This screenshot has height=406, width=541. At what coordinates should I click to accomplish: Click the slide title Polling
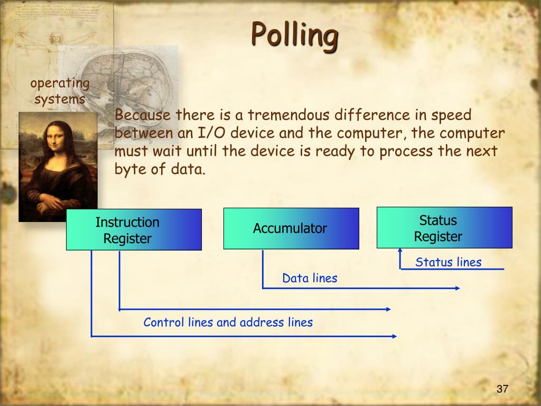pyautogui.click(x=294, y=35)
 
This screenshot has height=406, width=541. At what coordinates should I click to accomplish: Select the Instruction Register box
pyautogui.click(x=134, y=229)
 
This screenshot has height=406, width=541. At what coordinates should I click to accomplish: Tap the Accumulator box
pyautogui.click(x=291, y=228)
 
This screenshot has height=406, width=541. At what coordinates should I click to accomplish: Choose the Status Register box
pyautogui.click(x=444, y=227)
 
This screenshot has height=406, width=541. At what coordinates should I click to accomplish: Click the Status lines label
pyautogui.click(x=448, y=262)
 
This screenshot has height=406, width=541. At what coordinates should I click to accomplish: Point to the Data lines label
pyautogui.click(x=310, y=278)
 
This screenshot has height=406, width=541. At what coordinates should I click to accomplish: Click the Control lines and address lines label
pyautogui.click(x=228, y=322)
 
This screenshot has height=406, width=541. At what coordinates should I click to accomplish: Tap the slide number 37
pyautogui.click(x=502, y=389)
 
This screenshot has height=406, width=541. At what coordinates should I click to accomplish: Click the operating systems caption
pyautogui.click(x=60, y=91)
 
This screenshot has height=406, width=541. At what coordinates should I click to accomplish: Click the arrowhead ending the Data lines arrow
pyautogui.click(x=458, y=288)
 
